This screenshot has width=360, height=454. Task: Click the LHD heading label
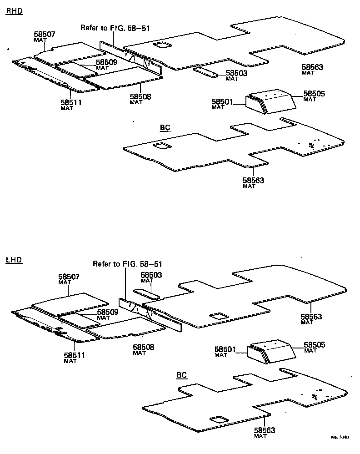(x=14, y=260)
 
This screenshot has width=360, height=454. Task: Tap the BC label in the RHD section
(x=165, y=127)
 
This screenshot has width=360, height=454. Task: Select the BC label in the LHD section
(x=182, y=375)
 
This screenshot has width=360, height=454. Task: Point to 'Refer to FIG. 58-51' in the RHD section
(x=115, y=28)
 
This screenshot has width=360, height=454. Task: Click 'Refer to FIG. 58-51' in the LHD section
(x=128, y=264)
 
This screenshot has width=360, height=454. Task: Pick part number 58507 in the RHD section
(x=45, y=34)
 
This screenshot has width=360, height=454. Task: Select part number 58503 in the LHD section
(x=151, y=275)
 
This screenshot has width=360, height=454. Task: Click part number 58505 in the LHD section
(x=315, y=345)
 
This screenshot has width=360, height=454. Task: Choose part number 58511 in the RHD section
(x=71, y=102)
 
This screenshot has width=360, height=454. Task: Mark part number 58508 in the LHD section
(x=144, y=347)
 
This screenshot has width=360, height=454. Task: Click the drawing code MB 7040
(x=340, y=438)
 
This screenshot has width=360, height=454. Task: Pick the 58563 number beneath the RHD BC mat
(x=253, y=180)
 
